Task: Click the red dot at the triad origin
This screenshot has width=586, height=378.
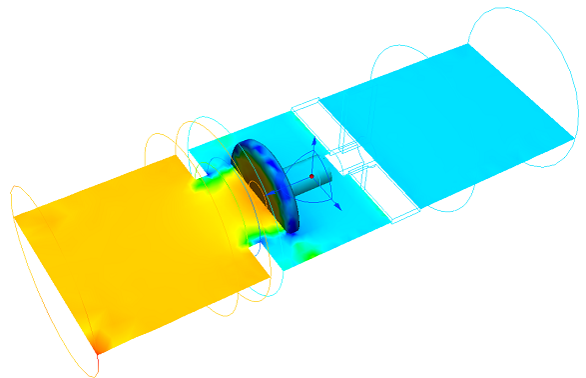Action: pyautogui.click(x=311, y=177)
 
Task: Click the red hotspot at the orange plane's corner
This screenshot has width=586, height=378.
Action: pyautogui.click(x=97, y=346)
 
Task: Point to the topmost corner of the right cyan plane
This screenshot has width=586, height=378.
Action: pyautogui.click(x=467, y=44)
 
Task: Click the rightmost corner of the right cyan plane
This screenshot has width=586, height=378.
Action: pyautogui.click(x=577, y=136)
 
